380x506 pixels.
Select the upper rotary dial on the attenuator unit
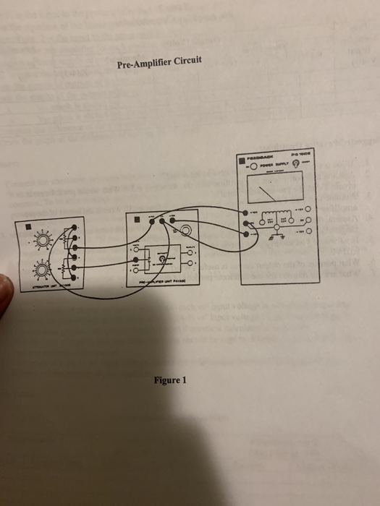click(43, 240)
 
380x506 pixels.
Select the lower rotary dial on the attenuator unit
click(42, 270)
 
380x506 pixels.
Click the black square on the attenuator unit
click(27, 224)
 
